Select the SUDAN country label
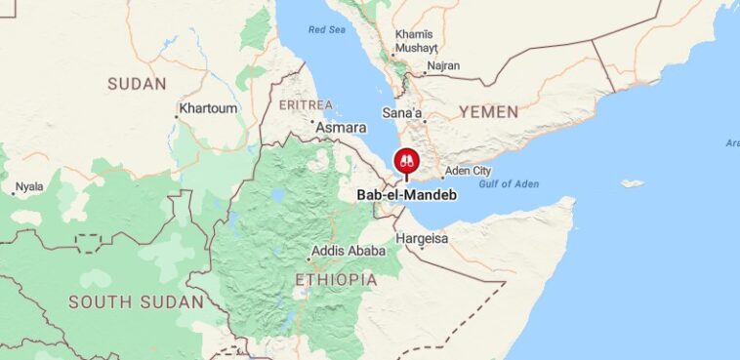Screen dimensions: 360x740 137,84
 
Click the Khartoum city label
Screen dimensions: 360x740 211,108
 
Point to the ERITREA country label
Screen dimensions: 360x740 306,104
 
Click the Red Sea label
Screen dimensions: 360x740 327,30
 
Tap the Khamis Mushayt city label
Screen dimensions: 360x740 414,41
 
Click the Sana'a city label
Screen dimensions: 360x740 402,114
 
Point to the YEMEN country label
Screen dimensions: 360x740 488,111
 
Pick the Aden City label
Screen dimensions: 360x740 469,172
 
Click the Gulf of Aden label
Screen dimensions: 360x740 508,184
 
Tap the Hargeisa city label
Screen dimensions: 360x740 422,238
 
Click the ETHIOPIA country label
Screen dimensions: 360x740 335,280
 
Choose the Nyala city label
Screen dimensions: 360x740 28,185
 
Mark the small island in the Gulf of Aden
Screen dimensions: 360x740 633,183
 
